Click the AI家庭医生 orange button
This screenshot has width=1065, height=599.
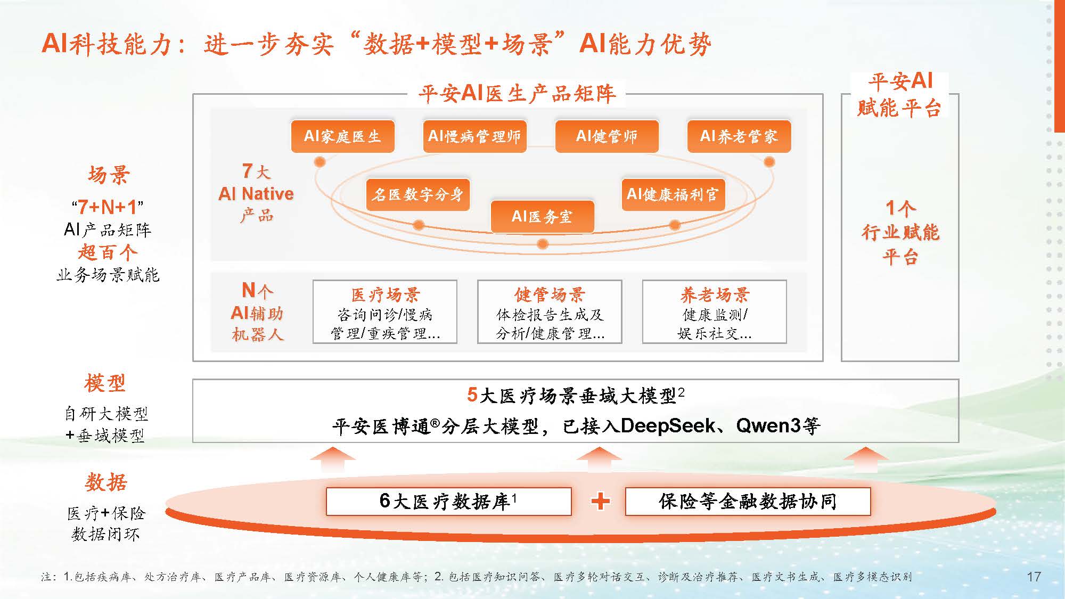pos(342,136)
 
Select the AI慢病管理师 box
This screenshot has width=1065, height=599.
pos(474,136)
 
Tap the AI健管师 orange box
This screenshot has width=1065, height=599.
pos(607,136)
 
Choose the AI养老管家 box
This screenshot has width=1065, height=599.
pos(739,136)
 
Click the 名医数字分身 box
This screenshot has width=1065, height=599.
pos(417,194)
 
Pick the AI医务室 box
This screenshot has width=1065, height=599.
pos(542,216)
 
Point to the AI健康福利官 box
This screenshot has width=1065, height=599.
pos(673,194)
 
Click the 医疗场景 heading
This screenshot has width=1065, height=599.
pos(385,294)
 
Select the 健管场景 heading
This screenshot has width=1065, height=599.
pos(550,294)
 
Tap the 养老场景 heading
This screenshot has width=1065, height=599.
pos(715,294)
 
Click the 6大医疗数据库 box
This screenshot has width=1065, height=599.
pos(448,501)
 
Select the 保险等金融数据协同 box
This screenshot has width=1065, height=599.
pos(748,501)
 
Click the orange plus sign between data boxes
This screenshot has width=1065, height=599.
pos(600,501)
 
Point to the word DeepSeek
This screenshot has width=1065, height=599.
pos(668,426)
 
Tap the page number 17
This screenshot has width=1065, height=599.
pos(1034,577)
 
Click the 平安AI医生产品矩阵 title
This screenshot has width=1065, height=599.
pos(517,94)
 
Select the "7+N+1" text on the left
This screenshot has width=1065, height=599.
pos(108,207)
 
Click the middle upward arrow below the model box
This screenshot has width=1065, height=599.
pos(599,458)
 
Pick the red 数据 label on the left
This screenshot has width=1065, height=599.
pos(106,482)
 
